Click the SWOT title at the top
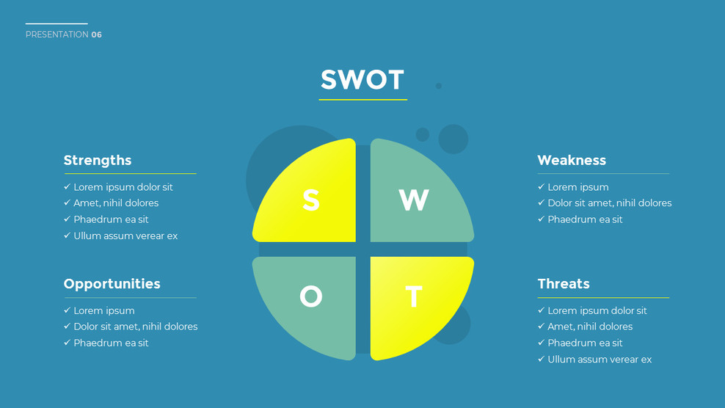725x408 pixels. pos(362,80)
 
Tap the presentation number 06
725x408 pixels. pos(97,34)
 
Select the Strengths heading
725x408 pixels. pos(98,160)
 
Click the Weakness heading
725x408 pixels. pos(572,160)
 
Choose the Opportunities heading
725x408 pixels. pos(112,284)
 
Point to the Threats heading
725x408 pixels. pos(564,284)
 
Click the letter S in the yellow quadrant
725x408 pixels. pos(311,200)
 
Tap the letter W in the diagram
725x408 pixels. pos(414,200)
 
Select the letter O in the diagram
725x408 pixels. pos(311,296)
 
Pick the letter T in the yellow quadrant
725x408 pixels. pos(414,297)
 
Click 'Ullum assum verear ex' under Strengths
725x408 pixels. pos(125,236)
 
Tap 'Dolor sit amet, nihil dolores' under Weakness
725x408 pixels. pos(609,203)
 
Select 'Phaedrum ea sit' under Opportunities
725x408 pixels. pos(111,343)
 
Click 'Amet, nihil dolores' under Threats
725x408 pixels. pos(590,327)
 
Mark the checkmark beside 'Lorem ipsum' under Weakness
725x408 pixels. pos(542,187)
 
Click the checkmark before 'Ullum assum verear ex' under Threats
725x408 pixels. pos(542,359)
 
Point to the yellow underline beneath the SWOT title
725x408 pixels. pos(363,99)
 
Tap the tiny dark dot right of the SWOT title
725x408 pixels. pos(439,86)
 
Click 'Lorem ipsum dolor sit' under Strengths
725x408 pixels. pos(123,187)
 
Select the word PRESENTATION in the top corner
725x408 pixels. pos(57,34)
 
